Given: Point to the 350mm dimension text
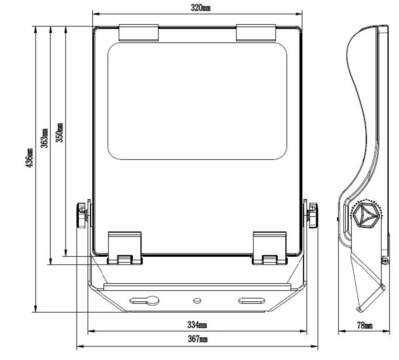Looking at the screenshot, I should click(x=60, y=133).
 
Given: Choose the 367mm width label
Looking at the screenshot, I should click(x=198, y=339).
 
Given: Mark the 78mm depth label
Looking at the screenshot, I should click(x=364, y=325).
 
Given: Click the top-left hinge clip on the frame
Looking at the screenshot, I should click(x=139, y=33).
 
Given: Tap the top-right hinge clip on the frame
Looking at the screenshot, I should click(x=256, y=33).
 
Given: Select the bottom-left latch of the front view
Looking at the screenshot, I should click(x=125, y=248).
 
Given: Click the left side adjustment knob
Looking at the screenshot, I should click(x=81, y=215).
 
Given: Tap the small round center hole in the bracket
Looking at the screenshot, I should click(x=197, y=300).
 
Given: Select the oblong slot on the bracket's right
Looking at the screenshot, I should click(x=250, y=301).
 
